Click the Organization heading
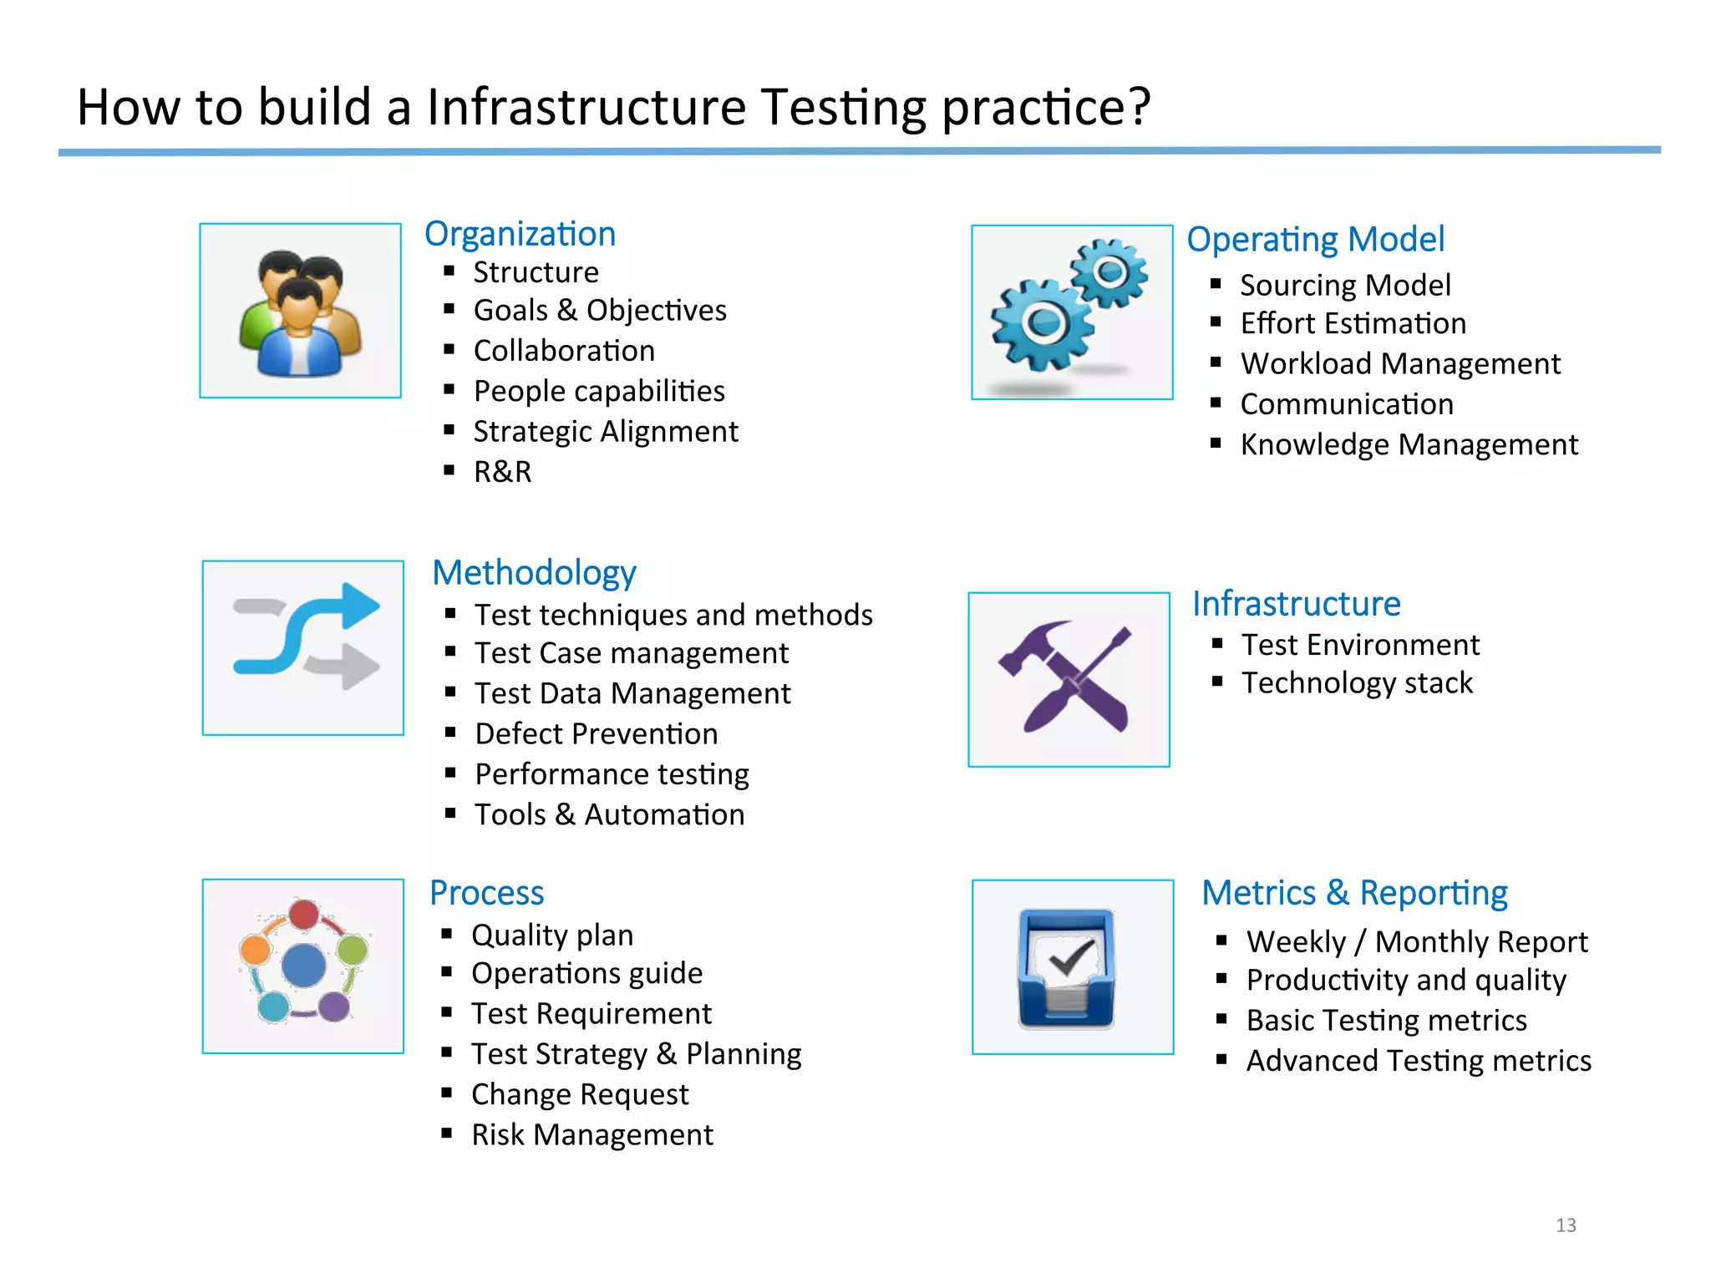click(520, 234)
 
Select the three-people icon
click(301, 311)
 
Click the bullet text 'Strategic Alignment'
click(606, 432)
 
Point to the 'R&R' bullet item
click(502, 472)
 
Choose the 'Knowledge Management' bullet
click(1409, 444)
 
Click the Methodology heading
click(534, 573)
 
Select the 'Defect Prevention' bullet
click(597, 734)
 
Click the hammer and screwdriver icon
click(1069, 679)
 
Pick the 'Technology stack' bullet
click(1357, 683)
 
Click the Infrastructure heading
click(1296, 604)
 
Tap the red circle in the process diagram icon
click(303, 914)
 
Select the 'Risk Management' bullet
click(592, 1135)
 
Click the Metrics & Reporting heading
click(1354, 893)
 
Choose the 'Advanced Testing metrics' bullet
click(1419, 1061)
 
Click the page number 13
click(1566, 1225)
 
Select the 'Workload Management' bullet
click(1400, 364)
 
